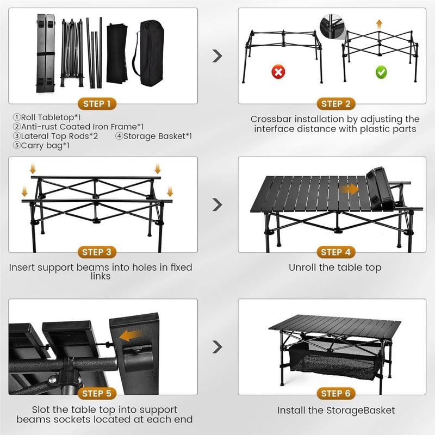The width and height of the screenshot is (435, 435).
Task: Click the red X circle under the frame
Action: (278, 72)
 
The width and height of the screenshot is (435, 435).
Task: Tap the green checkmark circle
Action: (381, 72)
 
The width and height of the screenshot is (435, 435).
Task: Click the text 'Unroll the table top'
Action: (335, 268)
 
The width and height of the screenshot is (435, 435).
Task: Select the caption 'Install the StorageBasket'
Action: (336, 411)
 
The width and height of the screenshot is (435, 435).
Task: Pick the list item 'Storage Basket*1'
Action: (154, 136)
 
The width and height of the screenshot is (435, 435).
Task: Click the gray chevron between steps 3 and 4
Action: (217, 204)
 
